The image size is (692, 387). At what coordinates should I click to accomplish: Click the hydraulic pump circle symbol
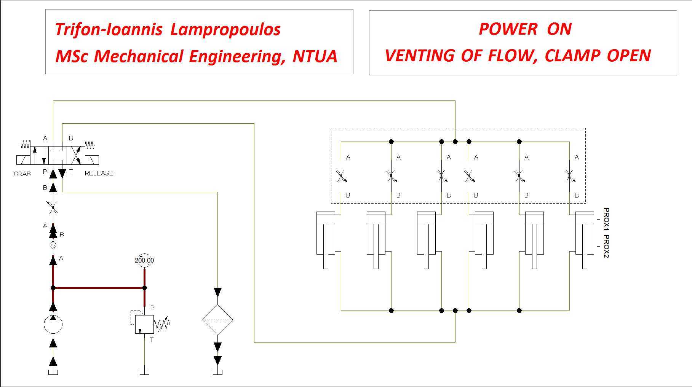[x=53, y=325]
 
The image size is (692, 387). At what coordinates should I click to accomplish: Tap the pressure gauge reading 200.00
[x=144, y=260]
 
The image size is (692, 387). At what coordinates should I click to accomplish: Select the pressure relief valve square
[x=144, y=324]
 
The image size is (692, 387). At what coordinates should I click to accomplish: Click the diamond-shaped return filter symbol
[x=217, y=320]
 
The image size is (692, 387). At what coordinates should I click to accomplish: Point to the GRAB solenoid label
[x=22, y=174]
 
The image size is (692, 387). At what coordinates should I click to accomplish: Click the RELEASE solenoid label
[x=99, y=173]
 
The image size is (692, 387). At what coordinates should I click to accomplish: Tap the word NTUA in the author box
[x=315, y=56]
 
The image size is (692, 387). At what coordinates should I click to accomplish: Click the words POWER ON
[x=525, y=29]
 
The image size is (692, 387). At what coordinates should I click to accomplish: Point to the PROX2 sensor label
[x=606, y=246]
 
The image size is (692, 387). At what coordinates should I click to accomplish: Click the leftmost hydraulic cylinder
[x=326, y=240]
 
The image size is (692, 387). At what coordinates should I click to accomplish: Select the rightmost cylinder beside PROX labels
[x=585, y=240]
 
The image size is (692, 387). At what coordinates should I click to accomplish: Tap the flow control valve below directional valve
[x=53, y=208]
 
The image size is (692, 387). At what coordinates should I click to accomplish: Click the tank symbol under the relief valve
[x=144, y=371]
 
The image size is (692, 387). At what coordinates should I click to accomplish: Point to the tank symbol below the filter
[x=217, y=371]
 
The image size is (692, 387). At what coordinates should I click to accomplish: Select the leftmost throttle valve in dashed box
[x=341, y=176]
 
